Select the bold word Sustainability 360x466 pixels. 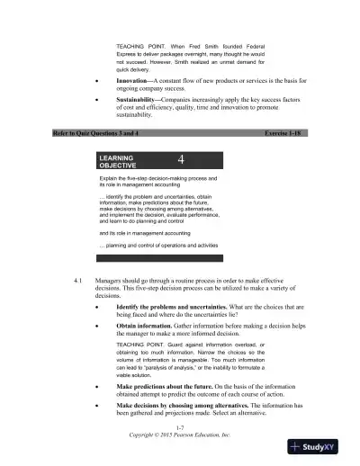point(141,101)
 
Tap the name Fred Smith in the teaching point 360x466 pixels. point(207,45)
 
